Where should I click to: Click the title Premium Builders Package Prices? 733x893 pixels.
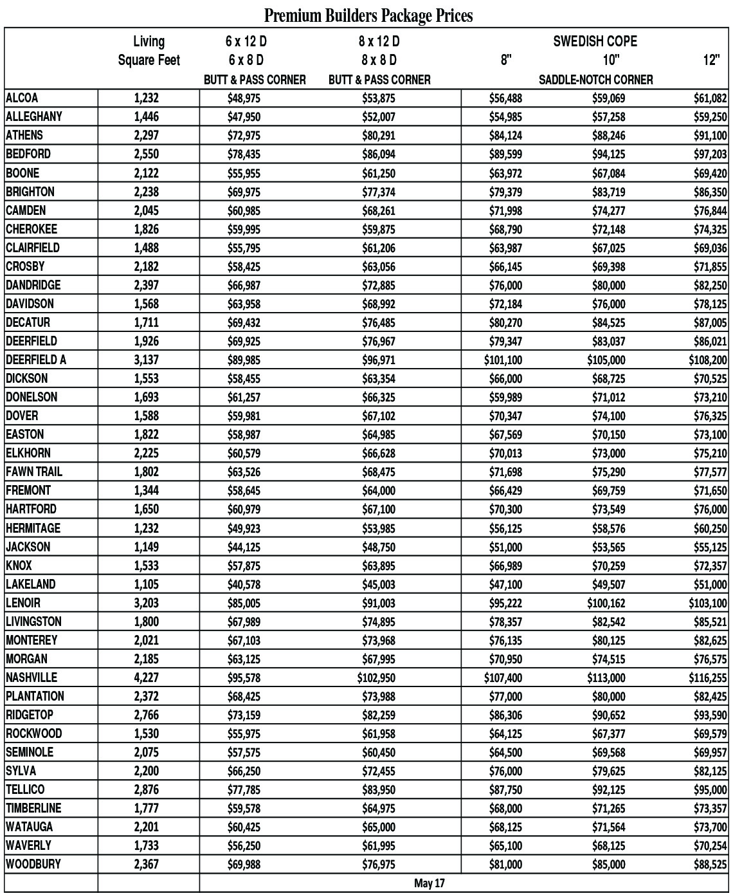(x=368, y=14)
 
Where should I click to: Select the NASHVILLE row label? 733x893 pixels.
(x=32, y=677)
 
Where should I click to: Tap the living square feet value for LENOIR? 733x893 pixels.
(x=146, y=603)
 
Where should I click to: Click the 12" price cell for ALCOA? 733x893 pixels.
(x=710, y=98)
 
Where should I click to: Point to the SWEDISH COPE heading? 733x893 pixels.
(x=595, y=42)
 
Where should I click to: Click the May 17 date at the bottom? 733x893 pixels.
(x=429, y=883)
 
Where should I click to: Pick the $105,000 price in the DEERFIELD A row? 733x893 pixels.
(x=606, y=360)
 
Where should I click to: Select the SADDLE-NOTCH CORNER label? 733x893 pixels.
(x=595, y=80)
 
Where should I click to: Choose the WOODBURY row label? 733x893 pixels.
(x=33, y=864)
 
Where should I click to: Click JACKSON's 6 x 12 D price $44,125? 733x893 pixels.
(x=244, y=548)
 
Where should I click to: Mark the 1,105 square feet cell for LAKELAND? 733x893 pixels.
(x=146, y=584)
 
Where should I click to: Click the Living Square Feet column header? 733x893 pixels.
(x=149, y=51)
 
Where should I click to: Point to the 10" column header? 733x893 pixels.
(x=610, y=60)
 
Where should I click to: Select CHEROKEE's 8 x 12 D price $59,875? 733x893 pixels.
(x=378, y=230)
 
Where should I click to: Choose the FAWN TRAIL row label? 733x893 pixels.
(x=34, y=472)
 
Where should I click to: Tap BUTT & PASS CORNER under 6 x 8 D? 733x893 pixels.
(x=255, y=80)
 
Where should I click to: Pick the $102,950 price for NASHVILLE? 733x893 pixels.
(x=376, y=678)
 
